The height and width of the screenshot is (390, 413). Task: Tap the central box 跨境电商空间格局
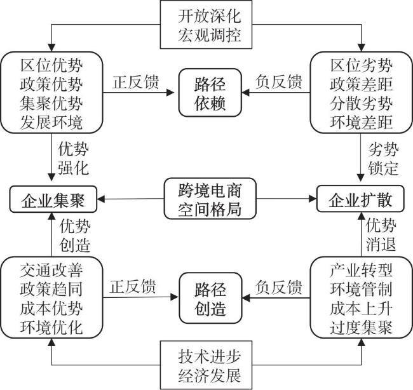click(x=207, y=198)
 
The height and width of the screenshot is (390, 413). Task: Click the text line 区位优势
click(x=51, y=65)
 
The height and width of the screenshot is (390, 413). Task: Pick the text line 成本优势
click(x=51, y=309)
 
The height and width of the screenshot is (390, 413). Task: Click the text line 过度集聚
click(x=361, y=328)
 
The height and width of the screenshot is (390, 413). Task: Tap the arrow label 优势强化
click(x=74, y=160)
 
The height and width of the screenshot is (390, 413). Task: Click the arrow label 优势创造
click(x=74, y=236)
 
